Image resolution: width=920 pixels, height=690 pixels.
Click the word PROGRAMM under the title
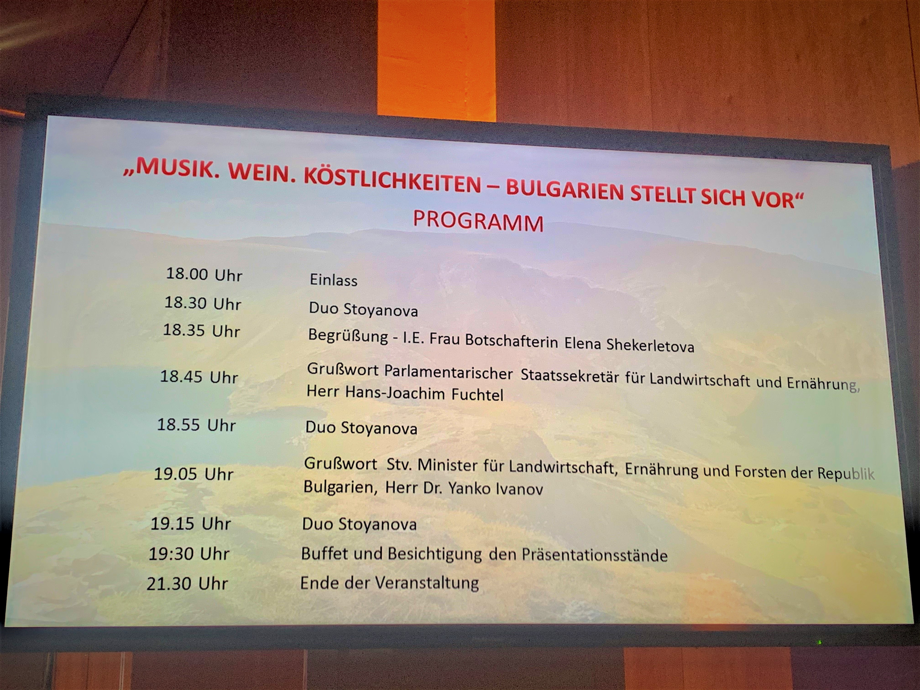[478, 222]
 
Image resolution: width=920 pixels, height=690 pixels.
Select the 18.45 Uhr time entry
[199, 377]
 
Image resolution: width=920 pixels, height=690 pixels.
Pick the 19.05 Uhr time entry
[193, 474]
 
